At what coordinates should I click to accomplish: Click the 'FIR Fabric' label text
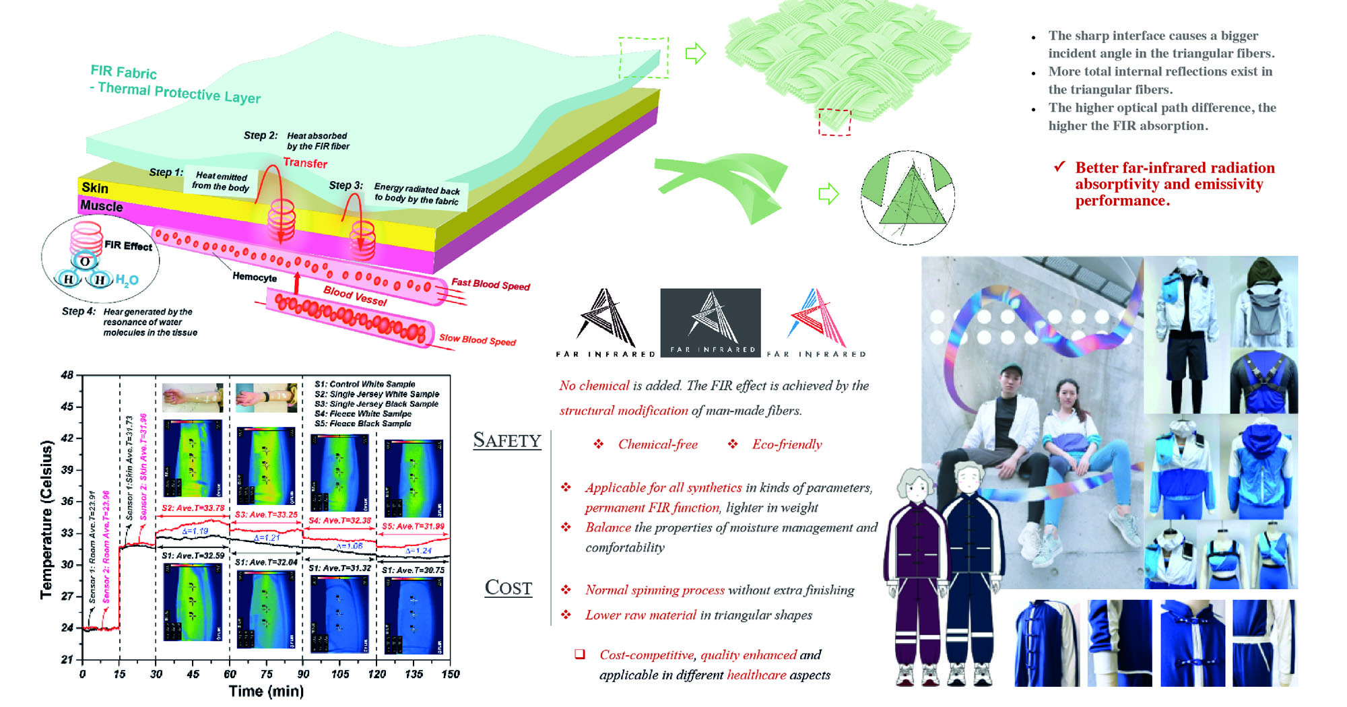click(x=124, y=71)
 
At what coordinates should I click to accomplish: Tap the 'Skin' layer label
click(x=94, y=188)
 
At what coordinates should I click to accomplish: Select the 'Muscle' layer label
click(x=102, y=205)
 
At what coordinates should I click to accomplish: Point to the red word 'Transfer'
click(x=305, y=163)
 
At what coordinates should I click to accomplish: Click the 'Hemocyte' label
click(x=255, y=277)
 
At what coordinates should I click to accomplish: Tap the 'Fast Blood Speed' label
click(x=490, y=284)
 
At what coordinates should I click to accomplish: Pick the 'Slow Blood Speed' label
click(x=477, y=339)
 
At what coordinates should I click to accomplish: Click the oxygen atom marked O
click(x=85, y=261)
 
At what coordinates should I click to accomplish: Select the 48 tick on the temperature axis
click(x=67, y=375)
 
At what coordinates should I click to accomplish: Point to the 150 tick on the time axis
click(x=450, y=673)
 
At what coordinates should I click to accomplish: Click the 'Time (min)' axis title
click(x=266, y=691)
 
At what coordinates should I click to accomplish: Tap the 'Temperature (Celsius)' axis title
click(x=46, y=519)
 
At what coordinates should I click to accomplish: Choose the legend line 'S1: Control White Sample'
click(x=364, y=384)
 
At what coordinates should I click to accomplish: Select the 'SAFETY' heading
click(x=507, y=440)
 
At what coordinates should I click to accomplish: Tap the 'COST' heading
click(x=508, y=588)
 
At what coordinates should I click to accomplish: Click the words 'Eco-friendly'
click(x=787, y=444)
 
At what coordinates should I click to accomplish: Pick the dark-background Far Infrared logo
click(x=711, y=323)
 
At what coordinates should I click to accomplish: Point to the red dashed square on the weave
click(x=834, y=122)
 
